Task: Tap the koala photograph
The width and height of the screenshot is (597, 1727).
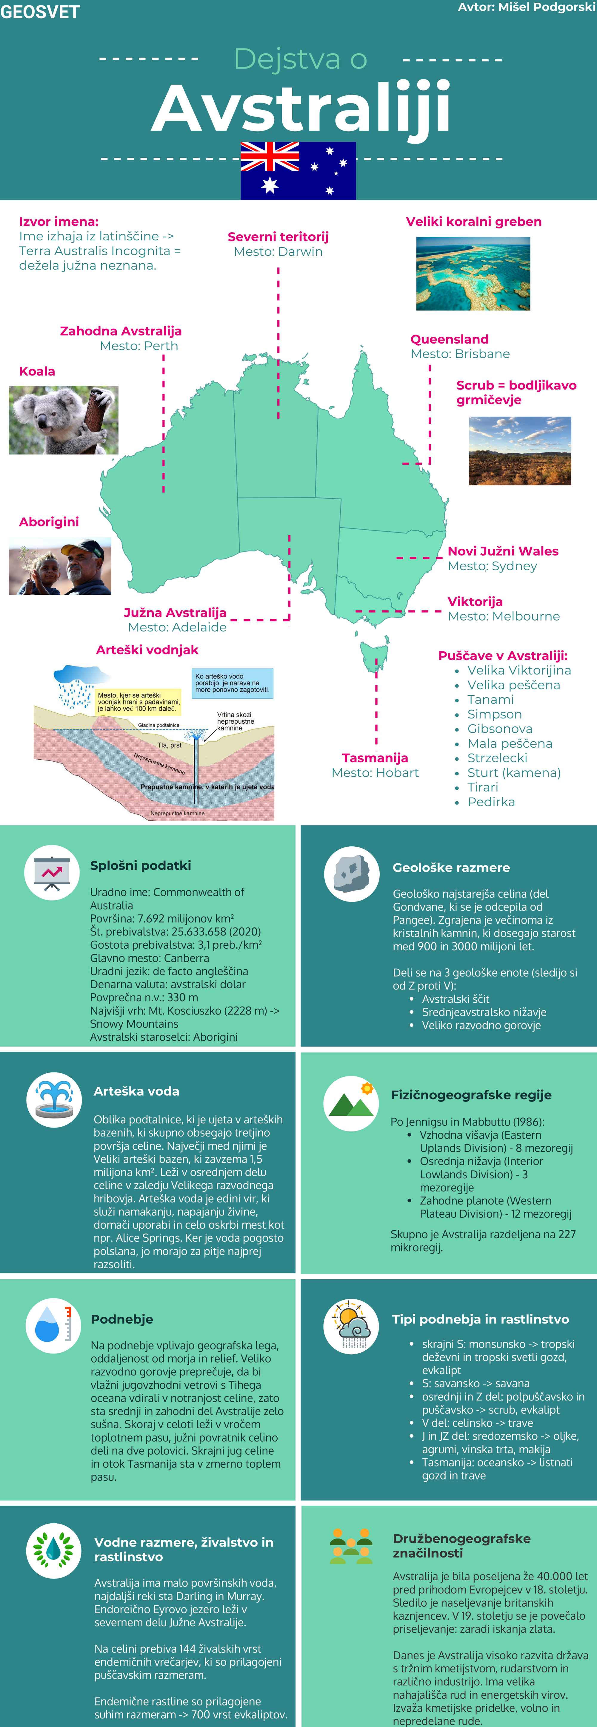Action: (x=64, y=420)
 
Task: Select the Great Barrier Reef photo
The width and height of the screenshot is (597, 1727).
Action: (x=473, y=273)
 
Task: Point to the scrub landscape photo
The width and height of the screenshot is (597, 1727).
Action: (x=520, y=451)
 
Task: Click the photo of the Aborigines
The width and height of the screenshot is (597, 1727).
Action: (x=60, y=567)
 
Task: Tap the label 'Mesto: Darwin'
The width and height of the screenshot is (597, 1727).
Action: (x=279, y=252)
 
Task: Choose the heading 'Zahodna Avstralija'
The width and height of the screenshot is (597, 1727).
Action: (x=121, y=331)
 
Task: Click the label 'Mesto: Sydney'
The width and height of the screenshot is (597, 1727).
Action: (x=492, y=567)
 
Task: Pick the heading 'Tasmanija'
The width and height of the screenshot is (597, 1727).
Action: (x=375, y=758)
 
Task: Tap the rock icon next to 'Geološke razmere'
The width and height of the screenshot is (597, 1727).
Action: (x=352, y=873)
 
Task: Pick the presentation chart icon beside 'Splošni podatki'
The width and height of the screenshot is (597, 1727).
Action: (x=52, y=872)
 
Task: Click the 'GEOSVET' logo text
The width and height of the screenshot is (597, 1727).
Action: (x=40, y=12)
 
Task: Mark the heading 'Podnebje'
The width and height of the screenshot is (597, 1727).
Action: (x=122, y=1319)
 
